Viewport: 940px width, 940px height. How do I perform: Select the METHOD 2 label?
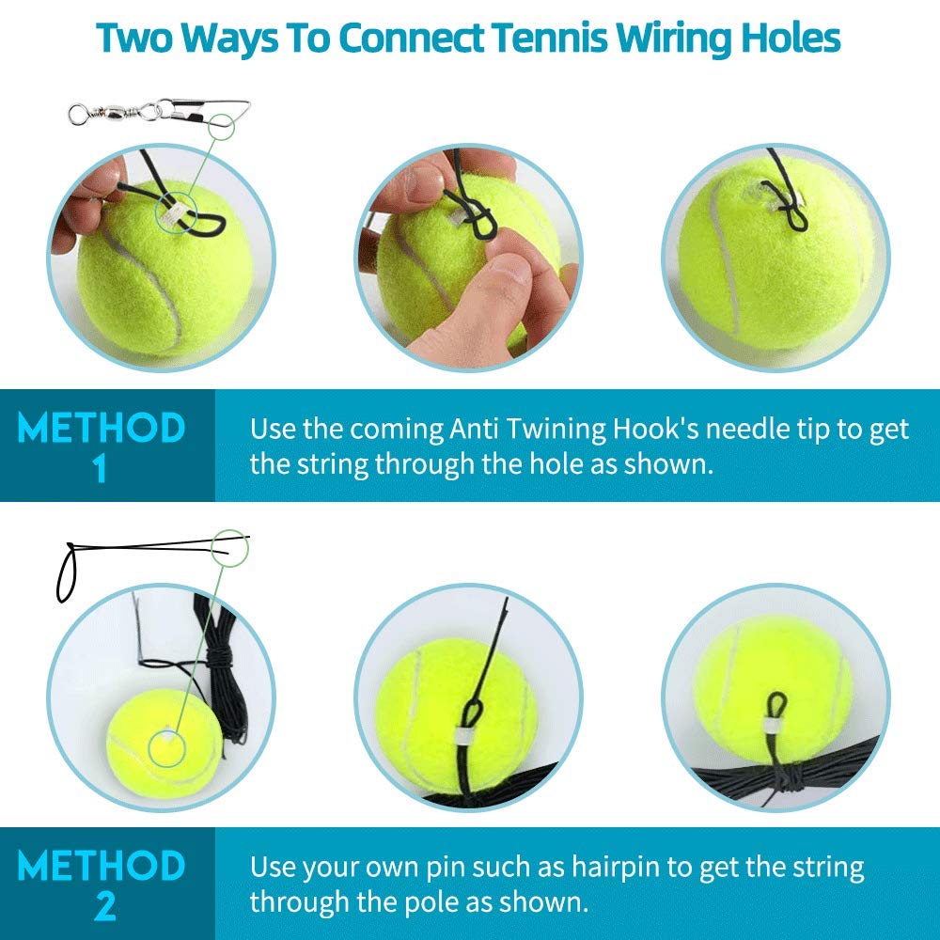[x=102, y=884]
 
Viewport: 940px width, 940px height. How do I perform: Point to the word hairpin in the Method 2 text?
[x=599, y=868]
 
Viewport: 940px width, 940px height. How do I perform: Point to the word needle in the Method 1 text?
[x=746, y=430]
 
